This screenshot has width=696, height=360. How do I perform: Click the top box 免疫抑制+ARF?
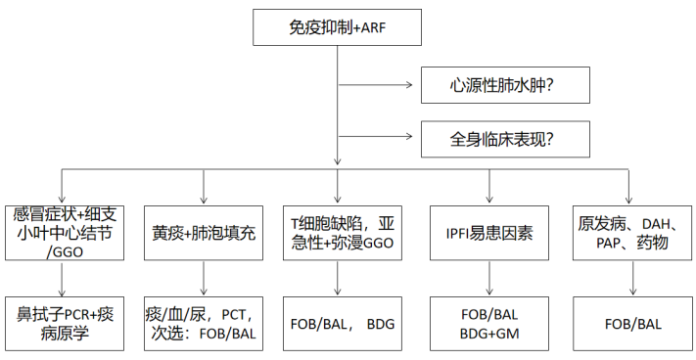point(339,26)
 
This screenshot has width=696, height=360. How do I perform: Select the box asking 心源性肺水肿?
point(505,86)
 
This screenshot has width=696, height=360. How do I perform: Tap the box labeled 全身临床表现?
point(505,138)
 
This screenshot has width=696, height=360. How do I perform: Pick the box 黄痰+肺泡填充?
point(204,234)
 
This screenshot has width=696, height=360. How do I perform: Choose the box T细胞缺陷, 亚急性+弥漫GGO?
point(339,234)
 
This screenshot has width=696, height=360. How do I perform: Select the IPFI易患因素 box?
point(488,234)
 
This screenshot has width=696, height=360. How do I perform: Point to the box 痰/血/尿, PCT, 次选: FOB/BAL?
point(204,324)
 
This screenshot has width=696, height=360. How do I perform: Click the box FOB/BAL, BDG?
point(339,324)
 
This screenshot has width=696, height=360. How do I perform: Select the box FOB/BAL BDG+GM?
point(488,324)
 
